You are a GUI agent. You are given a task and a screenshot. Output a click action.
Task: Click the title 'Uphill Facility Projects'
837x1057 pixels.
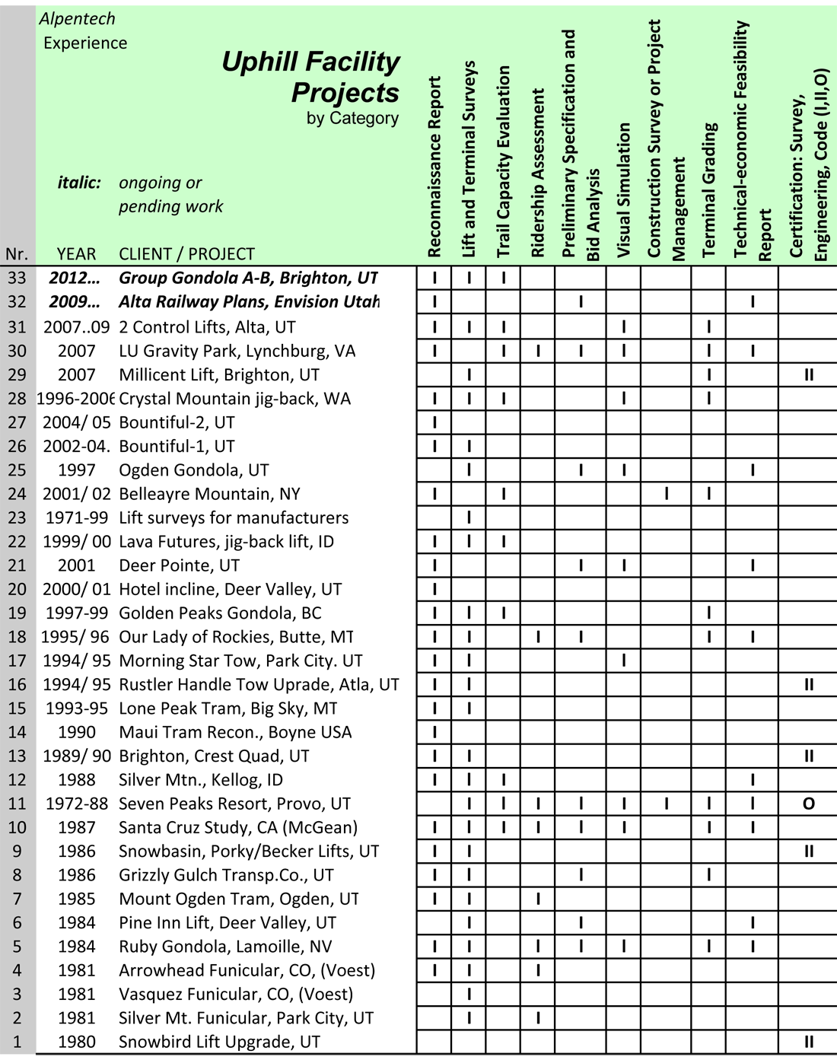[310, 77]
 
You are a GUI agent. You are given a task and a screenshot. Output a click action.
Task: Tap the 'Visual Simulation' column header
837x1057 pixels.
[624, 190]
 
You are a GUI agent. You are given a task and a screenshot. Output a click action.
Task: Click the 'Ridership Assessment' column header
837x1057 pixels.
[538, 174]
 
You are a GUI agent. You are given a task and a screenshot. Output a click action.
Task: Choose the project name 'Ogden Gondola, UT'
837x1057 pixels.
[193, 470]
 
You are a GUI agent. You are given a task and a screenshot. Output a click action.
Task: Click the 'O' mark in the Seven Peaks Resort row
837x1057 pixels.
[808, 804]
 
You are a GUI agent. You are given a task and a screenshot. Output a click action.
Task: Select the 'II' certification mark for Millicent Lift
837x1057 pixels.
[808, 375]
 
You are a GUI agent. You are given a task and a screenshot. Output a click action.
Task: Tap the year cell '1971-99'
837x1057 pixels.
[77, 518]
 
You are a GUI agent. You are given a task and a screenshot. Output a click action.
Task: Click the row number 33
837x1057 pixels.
[17, 279]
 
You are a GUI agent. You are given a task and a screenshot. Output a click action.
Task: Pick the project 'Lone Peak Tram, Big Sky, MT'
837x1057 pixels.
[228, 708]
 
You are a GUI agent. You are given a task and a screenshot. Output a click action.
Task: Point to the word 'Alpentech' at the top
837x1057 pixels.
[78, 18]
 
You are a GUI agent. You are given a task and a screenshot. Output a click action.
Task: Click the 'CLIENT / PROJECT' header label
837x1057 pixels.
[186, 254]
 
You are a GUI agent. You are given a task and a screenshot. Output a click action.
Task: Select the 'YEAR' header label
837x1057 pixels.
[76, 254]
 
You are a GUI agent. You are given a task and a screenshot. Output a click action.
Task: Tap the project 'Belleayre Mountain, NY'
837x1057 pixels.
[209, 494]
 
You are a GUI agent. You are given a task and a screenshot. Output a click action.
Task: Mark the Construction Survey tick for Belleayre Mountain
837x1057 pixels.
[667, 494]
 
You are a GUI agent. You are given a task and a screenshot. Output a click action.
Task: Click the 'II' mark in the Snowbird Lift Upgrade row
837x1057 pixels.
[808, 1042]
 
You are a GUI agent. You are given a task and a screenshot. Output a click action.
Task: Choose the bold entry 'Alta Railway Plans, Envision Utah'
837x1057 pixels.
[249, 302]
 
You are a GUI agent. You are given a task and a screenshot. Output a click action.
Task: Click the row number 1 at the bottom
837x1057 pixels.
[17, 1042]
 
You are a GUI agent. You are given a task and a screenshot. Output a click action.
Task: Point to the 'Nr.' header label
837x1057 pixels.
[17, 254]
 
